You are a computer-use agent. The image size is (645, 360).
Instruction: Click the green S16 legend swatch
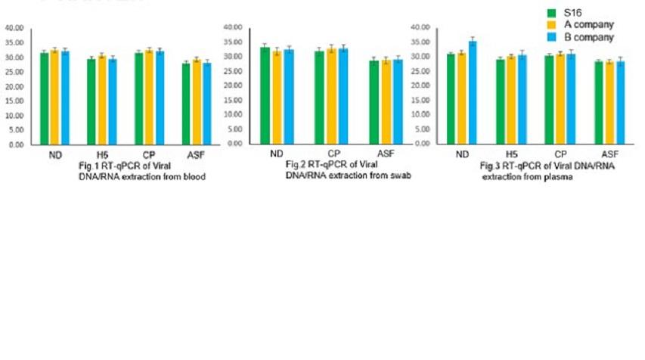(x=551, y=12)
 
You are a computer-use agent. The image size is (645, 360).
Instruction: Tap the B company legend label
(x=588, y=36)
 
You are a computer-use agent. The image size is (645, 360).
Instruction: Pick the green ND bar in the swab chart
(x=265, y=95)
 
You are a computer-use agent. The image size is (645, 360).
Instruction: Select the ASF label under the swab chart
(x=387, y=154)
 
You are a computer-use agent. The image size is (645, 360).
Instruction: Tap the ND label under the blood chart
(x=54, y=154)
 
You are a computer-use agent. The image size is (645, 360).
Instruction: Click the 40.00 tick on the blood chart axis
(x=16, y=28)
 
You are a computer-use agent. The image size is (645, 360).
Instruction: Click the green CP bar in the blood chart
(x=138, y=98)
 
